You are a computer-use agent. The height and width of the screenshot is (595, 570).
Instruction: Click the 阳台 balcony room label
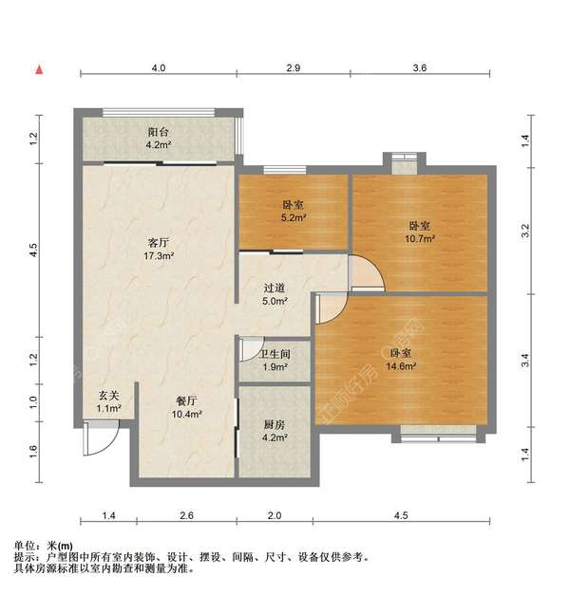[x=158, y=134]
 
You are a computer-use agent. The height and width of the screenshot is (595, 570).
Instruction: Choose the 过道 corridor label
[x=275, y=288]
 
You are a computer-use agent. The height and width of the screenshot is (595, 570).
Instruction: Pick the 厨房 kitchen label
[x=275, y=425]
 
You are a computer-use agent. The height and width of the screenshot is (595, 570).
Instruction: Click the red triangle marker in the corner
[x=39, y=69]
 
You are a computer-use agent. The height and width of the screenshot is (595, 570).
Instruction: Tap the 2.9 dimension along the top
[x=294, y=68]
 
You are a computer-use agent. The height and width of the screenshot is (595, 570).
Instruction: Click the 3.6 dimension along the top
[x=420, y=68]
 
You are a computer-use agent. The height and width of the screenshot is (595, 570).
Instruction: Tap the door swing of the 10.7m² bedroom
[x=367, y=274]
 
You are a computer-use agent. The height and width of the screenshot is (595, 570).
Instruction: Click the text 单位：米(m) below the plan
[x=44, y=546]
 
